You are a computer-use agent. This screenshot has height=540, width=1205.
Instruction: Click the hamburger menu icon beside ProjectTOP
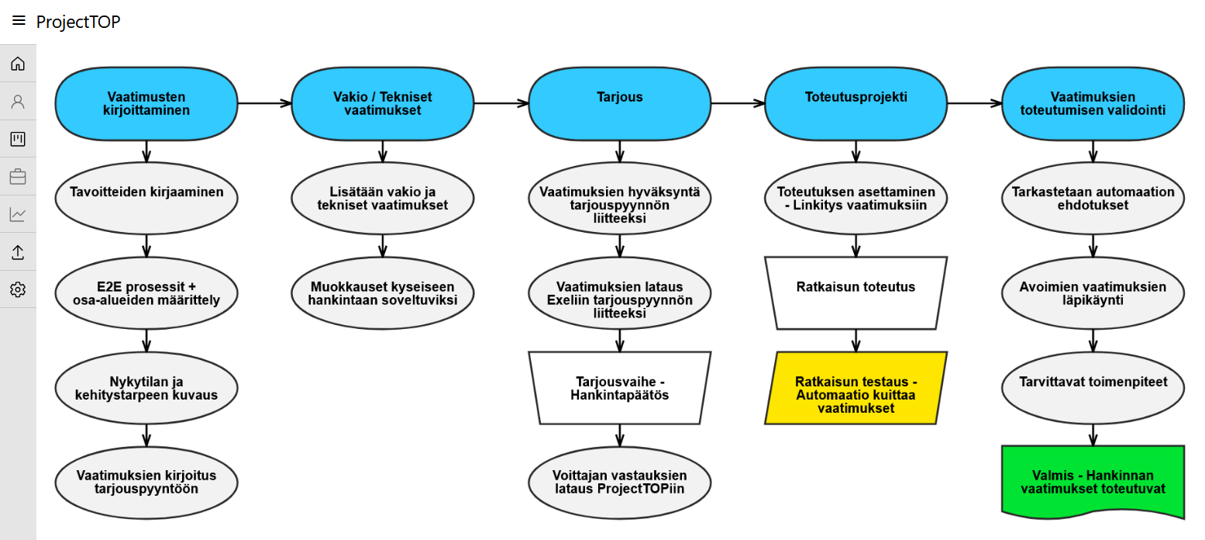click(19, 21)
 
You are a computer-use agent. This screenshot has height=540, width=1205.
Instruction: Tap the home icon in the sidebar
click(18, 64)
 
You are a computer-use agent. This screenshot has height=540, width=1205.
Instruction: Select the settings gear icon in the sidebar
click(18, 289)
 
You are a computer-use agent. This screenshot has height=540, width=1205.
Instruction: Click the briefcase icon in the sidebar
click(18, 177)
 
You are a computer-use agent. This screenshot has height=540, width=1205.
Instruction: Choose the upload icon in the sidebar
click(18, 252)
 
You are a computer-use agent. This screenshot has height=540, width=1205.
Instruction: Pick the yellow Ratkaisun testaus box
click(856, 388)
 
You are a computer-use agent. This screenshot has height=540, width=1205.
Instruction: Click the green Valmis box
click(1093, 482)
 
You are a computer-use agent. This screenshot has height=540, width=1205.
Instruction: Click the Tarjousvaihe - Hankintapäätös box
click(619, 388)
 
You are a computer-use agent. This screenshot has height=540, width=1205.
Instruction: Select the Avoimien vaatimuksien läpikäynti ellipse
click(1093, 292)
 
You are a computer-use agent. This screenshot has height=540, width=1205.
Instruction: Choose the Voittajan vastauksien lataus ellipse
click(619, 482)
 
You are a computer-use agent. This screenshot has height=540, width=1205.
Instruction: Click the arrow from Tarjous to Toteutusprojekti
click(737, 103)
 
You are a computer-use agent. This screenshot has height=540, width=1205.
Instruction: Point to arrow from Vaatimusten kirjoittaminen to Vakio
click(264, 103)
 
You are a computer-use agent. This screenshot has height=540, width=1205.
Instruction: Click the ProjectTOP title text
click(78, 22)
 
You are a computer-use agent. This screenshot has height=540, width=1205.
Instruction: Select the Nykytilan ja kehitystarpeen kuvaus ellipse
click(146, 387)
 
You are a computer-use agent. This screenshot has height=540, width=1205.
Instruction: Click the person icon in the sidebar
click(18, 102)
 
